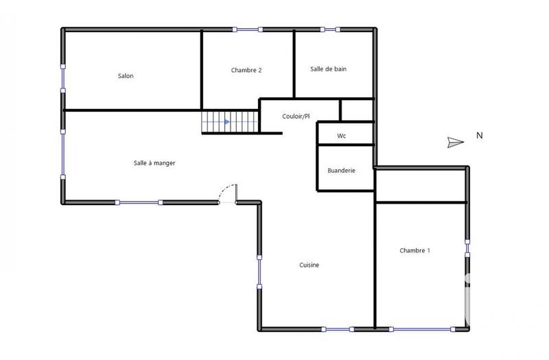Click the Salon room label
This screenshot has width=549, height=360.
tap(126, 76)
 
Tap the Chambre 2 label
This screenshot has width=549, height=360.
tap(246, 70)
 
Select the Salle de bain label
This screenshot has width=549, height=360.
tap(328, 69)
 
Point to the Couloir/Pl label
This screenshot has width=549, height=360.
tap(296, 117)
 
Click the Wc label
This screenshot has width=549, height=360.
tap(341, 136)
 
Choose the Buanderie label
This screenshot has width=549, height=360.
tap(341, 171)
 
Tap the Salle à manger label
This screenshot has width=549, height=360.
tap(154, 163)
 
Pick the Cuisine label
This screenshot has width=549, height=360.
tap(309, 265)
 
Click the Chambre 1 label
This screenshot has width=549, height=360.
tap(414, 251)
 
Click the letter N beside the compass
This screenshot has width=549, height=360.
tap(480, 136)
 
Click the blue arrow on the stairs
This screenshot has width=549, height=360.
tap(226, 122)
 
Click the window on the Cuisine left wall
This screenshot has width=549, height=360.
tap(259, 272)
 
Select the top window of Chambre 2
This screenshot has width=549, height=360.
tap(247, 29)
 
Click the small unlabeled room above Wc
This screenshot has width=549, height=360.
tap(357, 110)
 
